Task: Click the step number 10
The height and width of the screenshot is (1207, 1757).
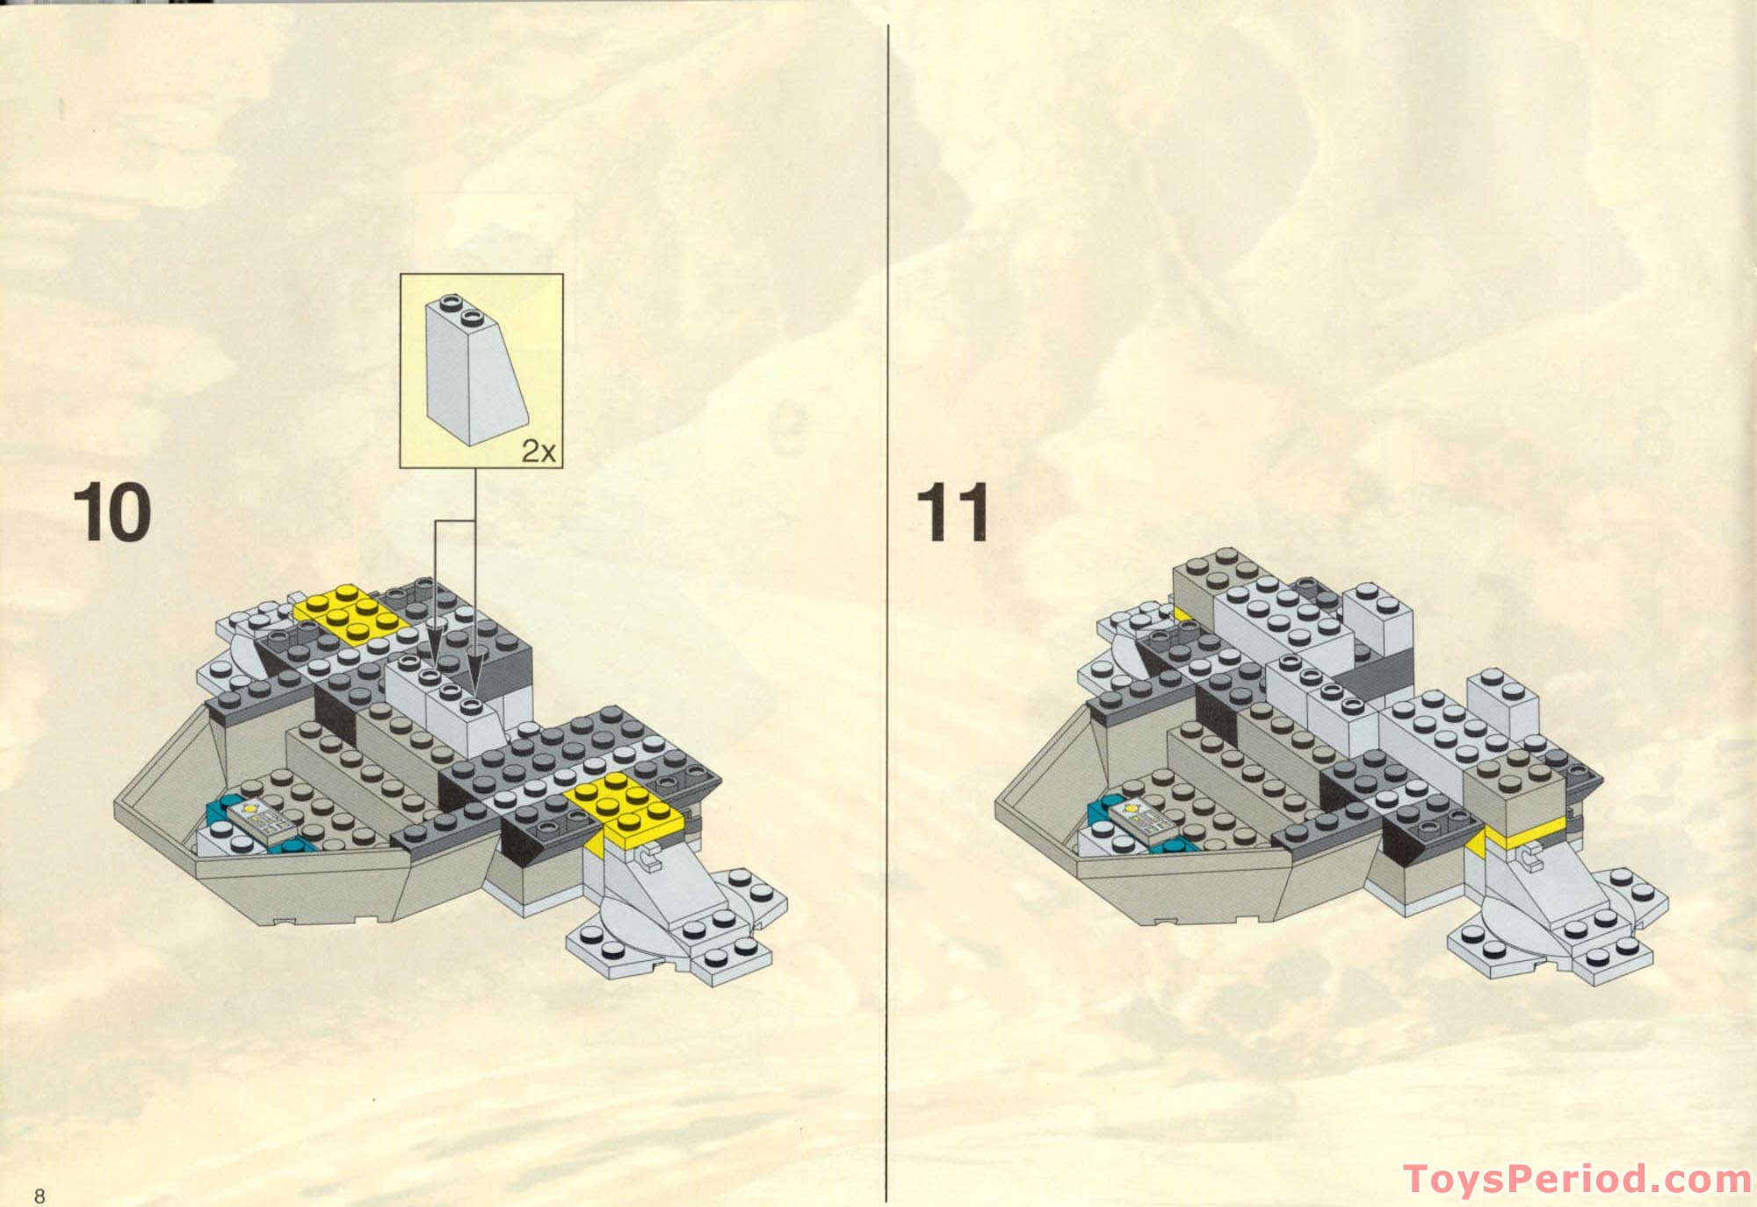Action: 112,512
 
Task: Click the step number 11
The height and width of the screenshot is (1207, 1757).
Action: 952,512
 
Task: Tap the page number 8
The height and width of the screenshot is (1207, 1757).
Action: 39,1195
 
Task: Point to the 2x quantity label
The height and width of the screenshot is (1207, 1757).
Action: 539,451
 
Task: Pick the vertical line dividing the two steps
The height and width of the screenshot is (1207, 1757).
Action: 887,615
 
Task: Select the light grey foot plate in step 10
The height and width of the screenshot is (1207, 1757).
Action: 676,931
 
